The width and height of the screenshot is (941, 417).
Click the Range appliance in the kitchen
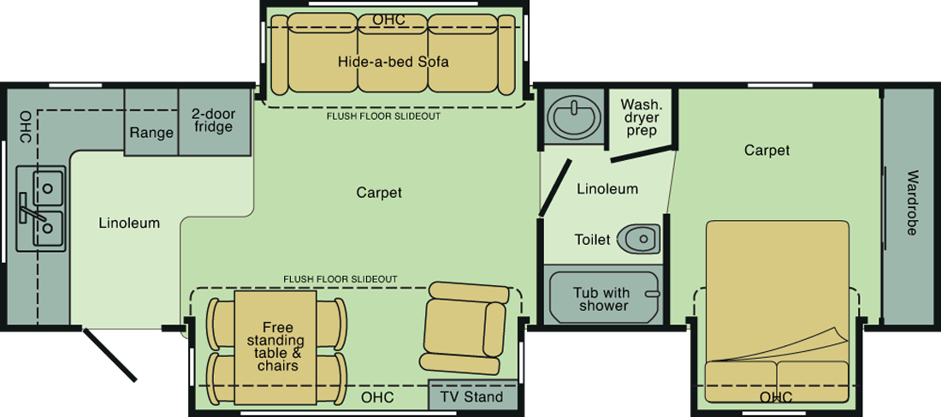pyautogui.click(x=151, y=122)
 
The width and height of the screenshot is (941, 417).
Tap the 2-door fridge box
pyautogui.click(x=215, y=122)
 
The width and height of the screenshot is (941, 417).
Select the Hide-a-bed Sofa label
pyautogui.click(x=394, y=62)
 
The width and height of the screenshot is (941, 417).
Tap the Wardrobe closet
pyautogui.click(x=911, y=208)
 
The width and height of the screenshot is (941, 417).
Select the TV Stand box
pyautogui.click(x=473, y=396)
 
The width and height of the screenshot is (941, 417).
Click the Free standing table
pyautogui.click(x=275, y=348)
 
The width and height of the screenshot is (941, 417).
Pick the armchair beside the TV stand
pyautogui.click(x=465, y=326)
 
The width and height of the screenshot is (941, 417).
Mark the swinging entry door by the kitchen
pyautogui.click(x=109, y=354)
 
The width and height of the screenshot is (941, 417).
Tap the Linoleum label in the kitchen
pyautogui.click(x=130, y=223)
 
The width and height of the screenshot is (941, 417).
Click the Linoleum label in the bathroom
pyautogui.click(x=607, y=189)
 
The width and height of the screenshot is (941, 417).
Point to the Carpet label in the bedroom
pyautogui.click(x=767, y=150)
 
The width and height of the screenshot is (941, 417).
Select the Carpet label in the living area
pyautogui.click(x=379, y=193)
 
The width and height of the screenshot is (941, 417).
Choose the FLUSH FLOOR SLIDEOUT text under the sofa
pyautogui.click(x=383, y=116)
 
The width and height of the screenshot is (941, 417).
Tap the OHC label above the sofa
pyautogui.click(x=389, y=20)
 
